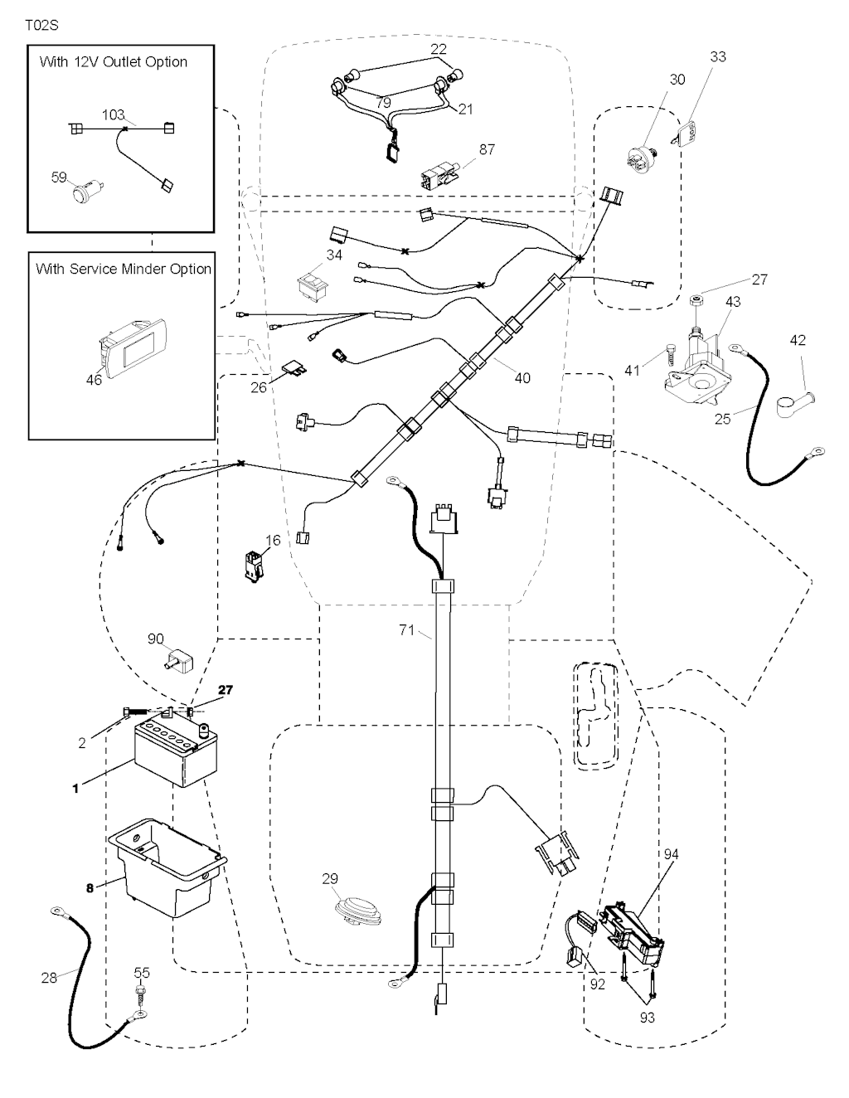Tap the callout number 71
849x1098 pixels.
point(406,631)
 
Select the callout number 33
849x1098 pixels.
point(718,56)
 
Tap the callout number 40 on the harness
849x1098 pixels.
point(522,378)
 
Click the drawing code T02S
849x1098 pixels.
point(41,26)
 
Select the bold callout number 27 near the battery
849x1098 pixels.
point(226,690)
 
